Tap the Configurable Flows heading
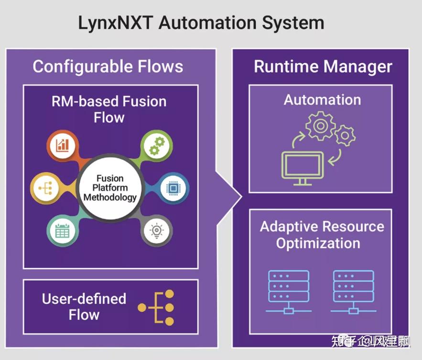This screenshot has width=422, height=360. tap(108, 66)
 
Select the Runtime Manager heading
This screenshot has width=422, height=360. tap(323, 66)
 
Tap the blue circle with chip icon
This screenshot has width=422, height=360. tap(172, 188)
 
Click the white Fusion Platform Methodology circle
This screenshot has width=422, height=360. tap(110, 188)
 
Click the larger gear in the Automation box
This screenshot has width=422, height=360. tap(320, 126)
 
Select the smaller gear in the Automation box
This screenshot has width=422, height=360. tap(344, 136)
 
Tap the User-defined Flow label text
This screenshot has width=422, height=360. tap(84, 307)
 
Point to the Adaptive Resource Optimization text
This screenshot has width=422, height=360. tap(321, 234)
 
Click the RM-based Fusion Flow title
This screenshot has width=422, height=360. tap(109, 109)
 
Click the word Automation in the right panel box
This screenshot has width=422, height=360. tap(322, 100)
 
